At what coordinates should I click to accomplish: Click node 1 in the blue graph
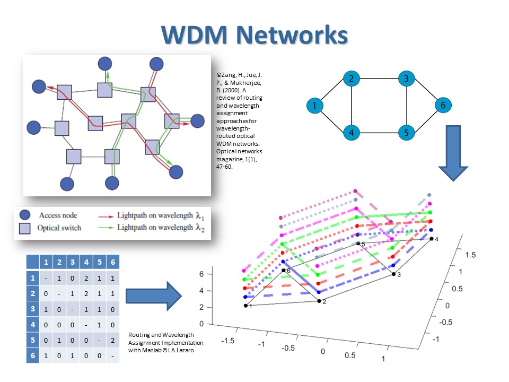pyautogui.click(x=315, y=106)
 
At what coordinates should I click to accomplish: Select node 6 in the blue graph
pyautogui.click(x=442, y=106)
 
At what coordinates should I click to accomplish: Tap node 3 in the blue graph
pyautogui.click(x=406, y=79)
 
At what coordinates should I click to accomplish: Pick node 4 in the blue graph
pyautogui.click(x=351, y=132)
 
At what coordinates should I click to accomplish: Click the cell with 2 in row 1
pyautogui.click(x=85, y=277)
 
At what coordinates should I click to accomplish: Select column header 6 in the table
pyautogui.click(x=112, y=262)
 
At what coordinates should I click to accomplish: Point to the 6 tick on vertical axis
pyautogui.click(x=201, y=274)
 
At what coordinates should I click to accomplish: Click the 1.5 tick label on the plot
pyautogui.click(x=470, y=255)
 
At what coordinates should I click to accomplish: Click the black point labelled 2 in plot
pyautogui.click(x=319, y=301)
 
